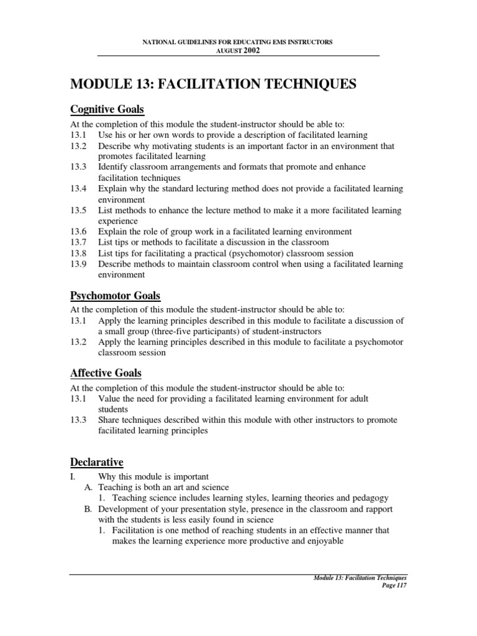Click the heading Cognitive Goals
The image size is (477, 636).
point(106,110)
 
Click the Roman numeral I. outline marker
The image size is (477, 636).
point(73,476)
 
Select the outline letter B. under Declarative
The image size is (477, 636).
point(88,509)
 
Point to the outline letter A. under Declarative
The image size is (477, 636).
point(88,488)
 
